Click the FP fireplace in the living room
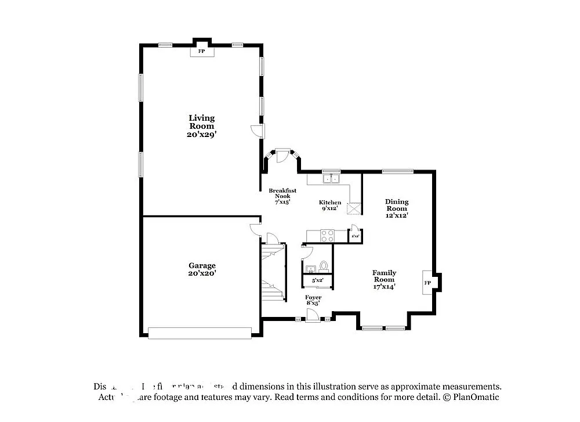pos(202,52)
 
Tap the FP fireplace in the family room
pos(428,283)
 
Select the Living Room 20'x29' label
pos(202,126)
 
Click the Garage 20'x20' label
pos(201,269)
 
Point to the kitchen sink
pos(331,179)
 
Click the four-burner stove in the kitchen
pos(327,236)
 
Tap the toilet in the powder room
pos(324,266)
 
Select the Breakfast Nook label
pos(282,196)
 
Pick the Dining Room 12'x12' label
pos(397,208)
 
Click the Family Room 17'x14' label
pos(384,279)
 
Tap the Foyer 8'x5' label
pos(313,300)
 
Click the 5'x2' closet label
pos(318,281)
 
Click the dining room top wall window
pos(397,171)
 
